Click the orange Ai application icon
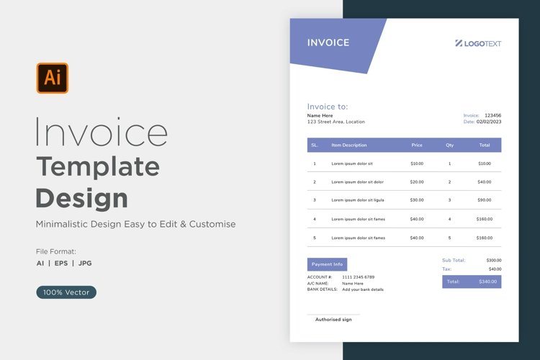tap(53, 78)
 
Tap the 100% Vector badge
tap(66, 292)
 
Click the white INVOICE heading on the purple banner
tap(328, 42)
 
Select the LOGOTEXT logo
tap(478, 43)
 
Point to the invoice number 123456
tap(492, 115)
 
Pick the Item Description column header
tap(349, 145)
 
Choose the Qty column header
tap(450, 145)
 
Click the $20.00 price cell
tap(417, 181)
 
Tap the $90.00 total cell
tap(485, 200)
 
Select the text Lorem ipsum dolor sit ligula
tap(358, 200)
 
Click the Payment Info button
tap(327, 264)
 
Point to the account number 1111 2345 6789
tap(358, 277)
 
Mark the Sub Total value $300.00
tap(494, 260)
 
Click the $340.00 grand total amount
tap(487, 282)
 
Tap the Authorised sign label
tap(333, 319)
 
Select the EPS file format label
tap(60, 263)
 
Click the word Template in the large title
tap(98, 166)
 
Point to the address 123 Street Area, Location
tap(336, 122)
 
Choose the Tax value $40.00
tap(495, 269)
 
